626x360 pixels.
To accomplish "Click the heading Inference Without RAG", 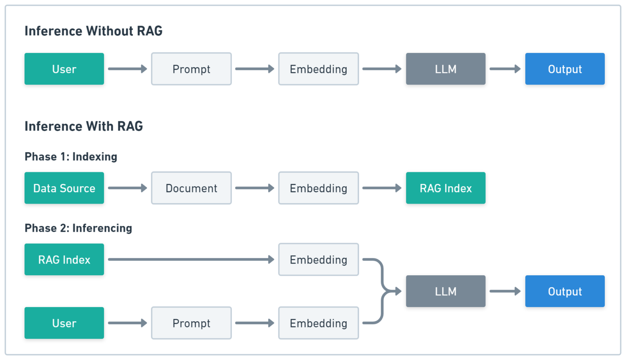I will [93, 31].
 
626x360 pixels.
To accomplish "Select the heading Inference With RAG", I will [84, 126].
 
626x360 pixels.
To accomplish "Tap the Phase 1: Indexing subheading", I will [71, 157].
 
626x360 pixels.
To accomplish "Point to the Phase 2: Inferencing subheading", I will [78, 228].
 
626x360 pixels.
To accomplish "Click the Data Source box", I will [64, 188].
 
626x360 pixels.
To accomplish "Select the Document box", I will [191, 188].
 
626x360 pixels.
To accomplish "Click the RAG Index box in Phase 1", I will [445, 188].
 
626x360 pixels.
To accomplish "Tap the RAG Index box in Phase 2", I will [64, 259].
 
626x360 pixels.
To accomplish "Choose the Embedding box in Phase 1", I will [318, 188].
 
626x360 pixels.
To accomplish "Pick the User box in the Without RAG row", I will [64, 69].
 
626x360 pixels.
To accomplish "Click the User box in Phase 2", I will [64, 323].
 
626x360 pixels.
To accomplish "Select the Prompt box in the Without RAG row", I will [191, 69].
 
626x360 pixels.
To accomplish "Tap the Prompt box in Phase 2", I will [191, 323].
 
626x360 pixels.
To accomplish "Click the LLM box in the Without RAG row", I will [445, 69].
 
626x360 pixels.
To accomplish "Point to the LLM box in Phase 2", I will [445, 291].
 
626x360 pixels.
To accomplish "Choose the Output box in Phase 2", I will [564, 291].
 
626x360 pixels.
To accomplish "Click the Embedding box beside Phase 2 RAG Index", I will [318, 259].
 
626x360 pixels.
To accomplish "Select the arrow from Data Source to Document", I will [128, 188].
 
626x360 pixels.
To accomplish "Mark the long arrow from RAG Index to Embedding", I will [191, 259].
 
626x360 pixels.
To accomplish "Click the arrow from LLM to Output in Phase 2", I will [505, 291].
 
